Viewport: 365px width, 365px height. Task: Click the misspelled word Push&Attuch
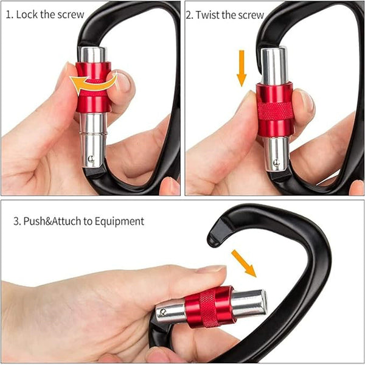(x=51, y=221)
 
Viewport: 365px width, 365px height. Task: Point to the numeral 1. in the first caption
(x=9, y=14)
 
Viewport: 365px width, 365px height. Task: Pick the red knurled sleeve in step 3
(x=209, y=307)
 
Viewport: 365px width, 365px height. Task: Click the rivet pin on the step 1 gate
(x=90, y=159)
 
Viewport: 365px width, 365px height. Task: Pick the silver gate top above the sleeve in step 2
(x=274, y=66)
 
